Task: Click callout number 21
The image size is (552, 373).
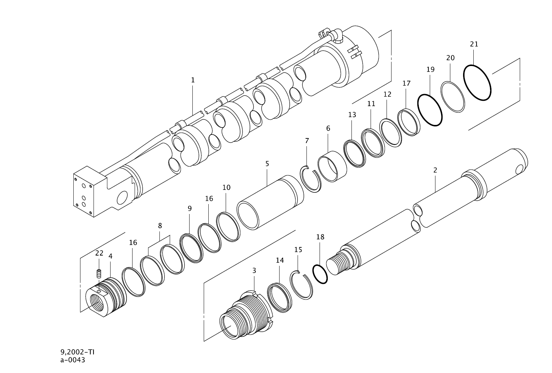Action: click(474, 44)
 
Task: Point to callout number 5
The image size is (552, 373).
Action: click(267, 164)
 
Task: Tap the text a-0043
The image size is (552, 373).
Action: click(73, 360)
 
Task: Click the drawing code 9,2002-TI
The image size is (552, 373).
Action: click(77, 352)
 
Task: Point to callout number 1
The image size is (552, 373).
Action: click(193, 80)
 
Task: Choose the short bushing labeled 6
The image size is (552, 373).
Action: click(332, 166)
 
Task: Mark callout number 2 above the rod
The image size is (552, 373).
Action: click(435, 170)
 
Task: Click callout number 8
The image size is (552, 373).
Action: click(160, 225)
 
